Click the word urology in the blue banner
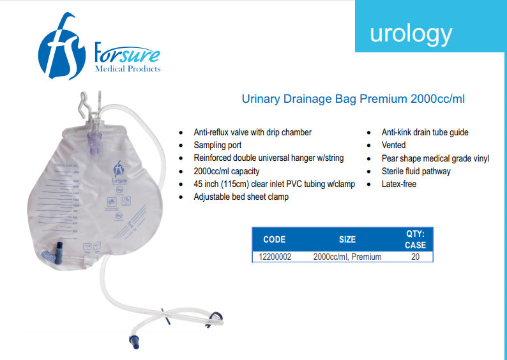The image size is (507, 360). pyautogui.click(x=411, y=33)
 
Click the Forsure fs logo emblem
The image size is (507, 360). pyautogui.click(x=61, y=48)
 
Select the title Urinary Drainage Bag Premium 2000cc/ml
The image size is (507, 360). pyautogui.click(x=357, y=99)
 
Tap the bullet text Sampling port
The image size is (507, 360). pyautogui.click(x=217, y=145)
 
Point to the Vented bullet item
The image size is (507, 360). pyautogui.click(x=393, y=145)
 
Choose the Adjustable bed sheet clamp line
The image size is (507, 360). pyautogui.click(x=241, y=197)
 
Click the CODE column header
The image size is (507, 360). pyautogui.click(x=275, y=239)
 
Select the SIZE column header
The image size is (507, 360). pyautogui.click(x=347, y=239)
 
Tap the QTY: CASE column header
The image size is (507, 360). pyautogui.click(x=415, y=239)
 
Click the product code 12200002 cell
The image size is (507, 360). pyautogui.click(x=275, y=257)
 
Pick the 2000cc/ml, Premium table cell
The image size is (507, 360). pyautogui.click(x=347, y=257)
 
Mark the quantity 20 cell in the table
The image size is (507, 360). pyautogui.click(x=416, y=257)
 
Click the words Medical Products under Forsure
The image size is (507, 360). pyautogui.click(x=128, y=68)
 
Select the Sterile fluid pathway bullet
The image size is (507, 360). pyautogui.click(x=416, y=171)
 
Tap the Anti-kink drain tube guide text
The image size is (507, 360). pyautogui.click(x=425, y=132)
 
